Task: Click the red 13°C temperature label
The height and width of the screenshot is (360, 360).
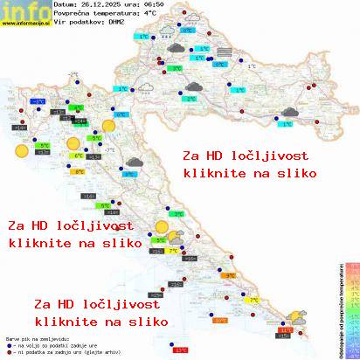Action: tap(181, 350)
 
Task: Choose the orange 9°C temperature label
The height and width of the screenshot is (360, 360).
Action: tap(232, 276)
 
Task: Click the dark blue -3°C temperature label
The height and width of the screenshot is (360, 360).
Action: tap(39, 102)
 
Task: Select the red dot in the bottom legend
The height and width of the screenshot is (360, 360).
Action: tap(9, 350)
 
